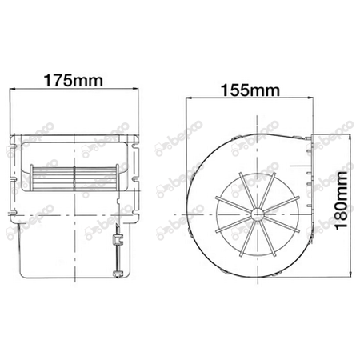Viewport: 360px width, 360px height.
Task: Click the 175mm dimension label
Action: point(78,82)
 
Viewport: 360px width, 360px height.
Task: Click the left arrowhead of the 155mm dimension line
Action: point(190,99)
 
